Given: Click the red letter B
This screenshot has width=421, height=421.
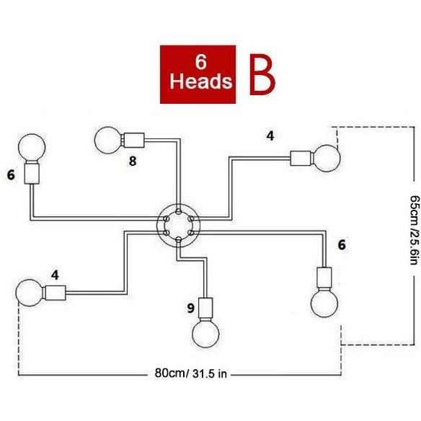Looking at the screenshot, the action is tap(262, 75).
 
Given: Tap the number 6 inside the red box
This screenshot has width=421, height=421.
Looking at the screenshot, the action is tap(201, 62).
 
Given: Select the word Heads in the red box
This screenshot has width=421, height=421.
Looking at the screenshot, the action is tap(201, 81).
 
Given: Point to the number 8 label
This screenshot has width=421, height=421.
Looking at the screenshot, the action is tap(133, 161).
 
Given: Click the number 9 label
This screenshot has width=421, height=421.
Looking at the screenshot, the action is tap(190, 308).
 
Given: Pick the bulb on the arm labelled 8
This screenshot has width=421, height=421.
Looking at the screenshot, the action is tap(108, 140).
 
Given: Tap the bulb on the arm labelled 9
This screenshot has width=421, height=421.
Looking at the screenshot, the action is tap(206, 334).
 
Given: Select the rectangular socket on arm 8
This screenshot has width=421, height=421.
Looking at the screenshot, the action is tap(133, 140).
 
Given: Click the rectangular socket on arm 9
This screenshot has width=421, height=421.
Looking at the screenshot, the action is tap(205, 309).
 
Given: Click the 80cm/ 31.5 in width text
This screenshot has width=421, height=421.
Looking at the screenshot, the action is tap(191, 373).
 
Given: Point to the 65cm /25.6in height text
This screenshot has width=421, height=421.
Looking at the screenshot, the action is tap(415, 230).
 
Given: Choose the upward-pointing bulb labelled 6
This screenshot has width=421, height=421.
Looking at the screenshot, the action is tap(32, 147).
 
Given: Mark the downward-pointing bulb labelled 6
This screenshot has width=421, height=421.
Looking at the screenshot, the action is tap(324, 303).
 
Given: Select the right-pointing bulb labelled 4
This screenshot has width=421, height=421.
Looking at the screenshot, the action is tap(327, 158).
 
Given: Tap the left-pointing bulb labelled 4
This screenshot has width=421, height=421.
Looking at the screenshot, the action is tap(30, 293).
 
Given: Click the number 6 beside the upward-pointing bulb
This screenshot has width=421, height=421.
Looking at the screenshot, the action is tap(11, 175).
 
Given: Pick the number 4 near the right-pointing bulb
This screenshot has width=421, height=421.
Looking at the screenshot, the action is tap(270, 136).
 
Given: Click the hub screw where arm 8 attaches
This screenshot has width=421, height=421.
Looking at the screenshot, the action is tap(178, 211).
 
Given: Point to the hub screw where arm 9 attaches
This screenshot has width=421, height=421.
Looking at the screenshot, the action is tap(178, 239).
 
